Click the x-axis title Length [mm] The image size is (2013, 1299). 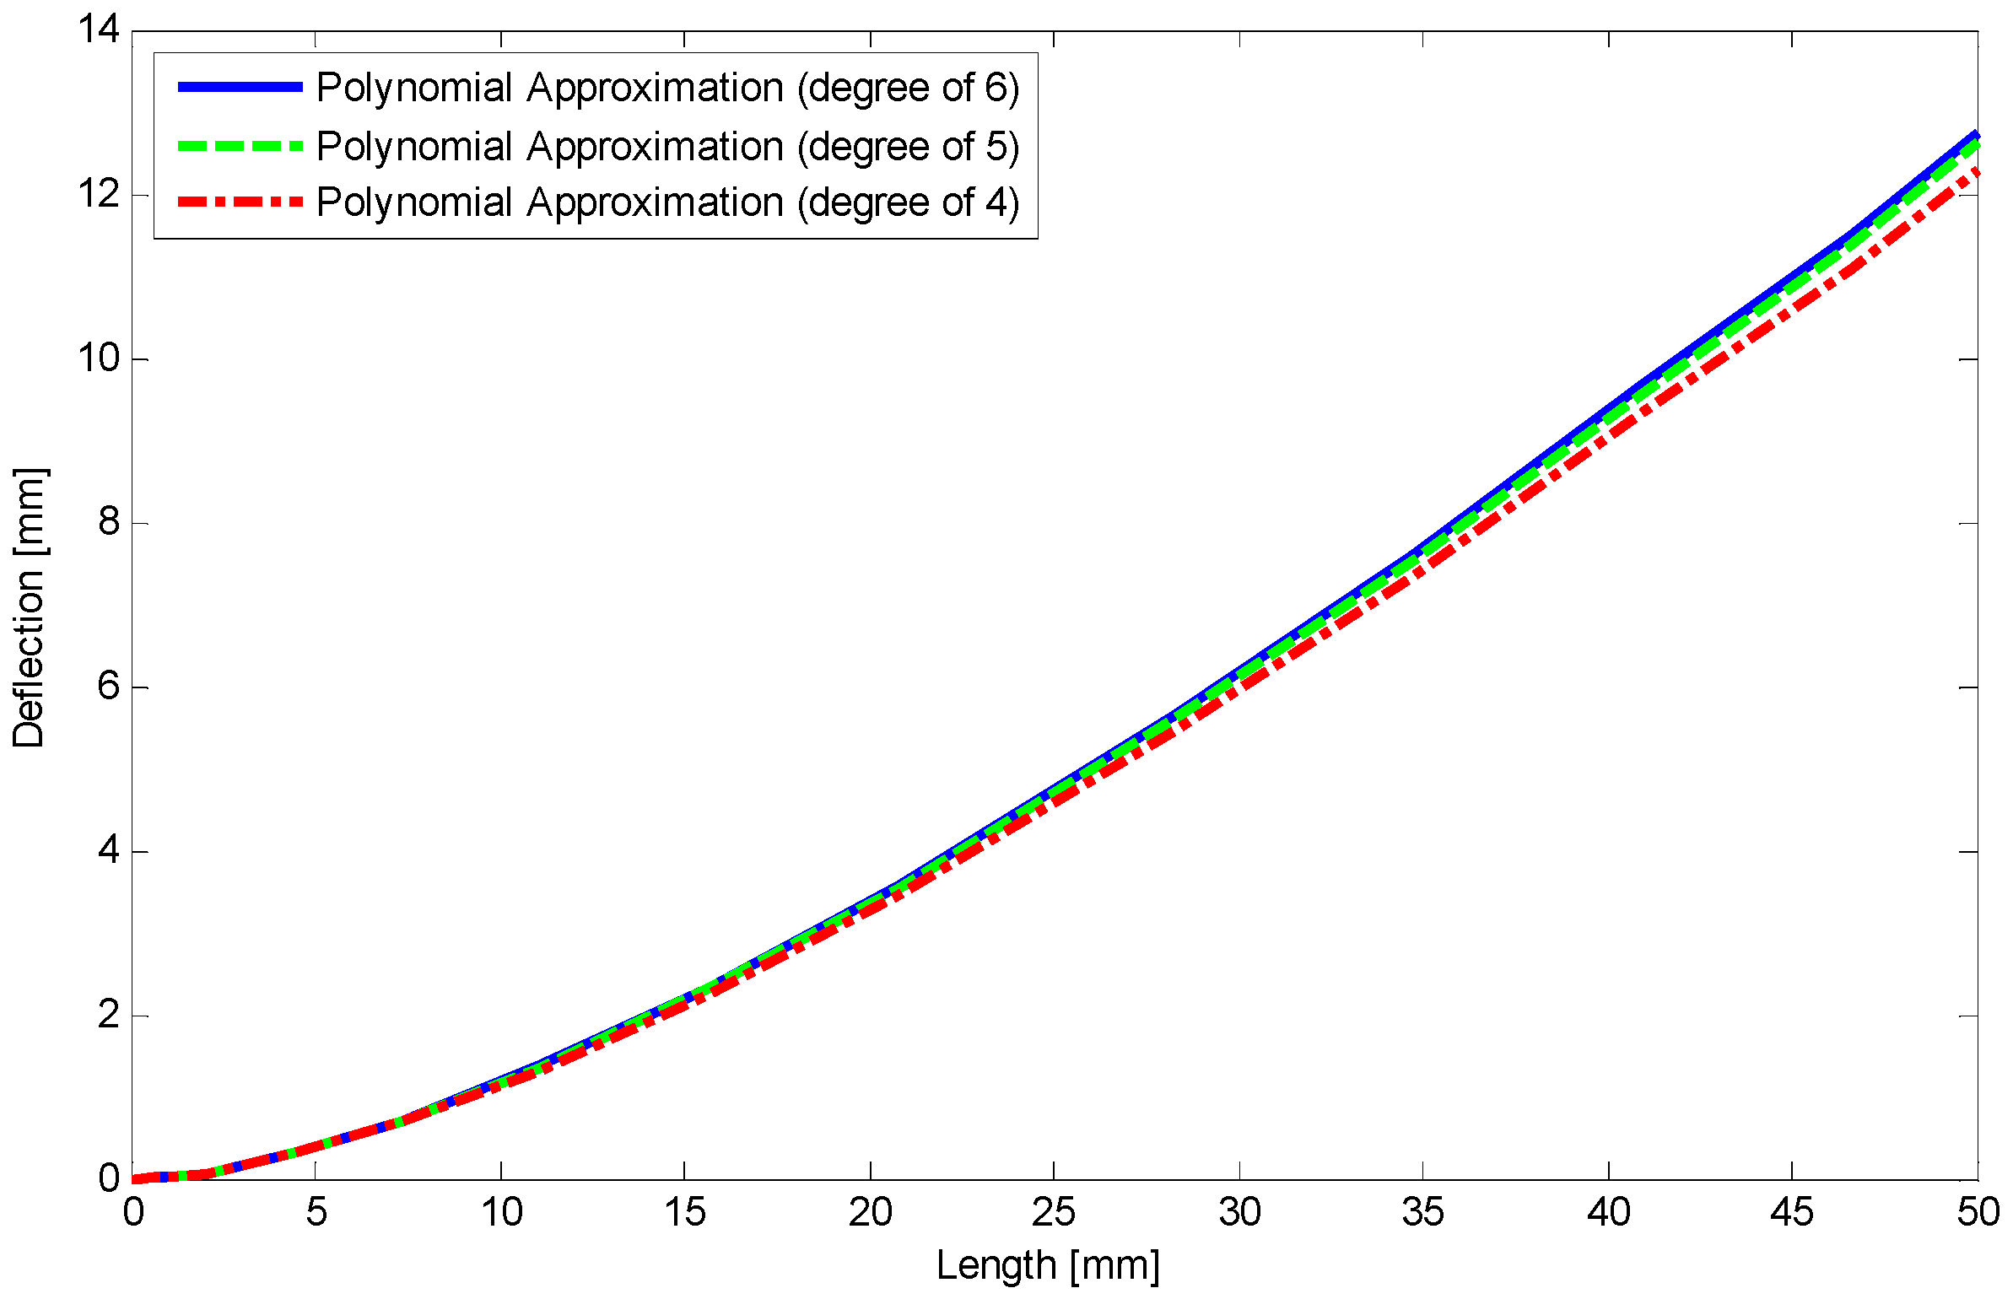click(x=1048, y=1266)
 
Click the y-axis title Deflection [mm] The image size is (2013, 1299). click(x=30, y=607)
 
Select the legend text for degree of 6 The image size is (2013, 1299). click(x=667, y=88)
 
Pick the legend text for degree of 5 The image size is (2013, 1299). click(x=667, y=147)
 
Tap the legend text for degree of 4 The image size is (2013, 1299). click(x=667, y=202)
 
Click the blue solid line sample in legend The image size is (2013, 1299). click(x=240, y=87)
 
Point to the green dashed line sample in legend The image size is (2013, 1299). click(x=240, y=146)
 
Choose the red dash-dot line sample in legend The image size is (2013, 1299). click(x=240, y=202)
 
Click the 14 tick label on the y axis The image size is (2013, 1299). click(x=99, y=30)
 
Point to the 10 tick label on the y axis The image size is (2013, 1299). click(x=99, y=358)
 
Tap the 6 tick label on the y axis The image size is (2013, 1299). click(x=110, y=687)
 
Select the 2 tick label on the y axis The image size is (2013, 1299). click(x=110, y=1015)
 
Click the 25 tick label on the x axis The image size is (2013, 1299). click(x=1054, y=1213)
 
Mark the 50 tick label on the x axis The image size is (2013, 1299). click(x=1978, y=1213)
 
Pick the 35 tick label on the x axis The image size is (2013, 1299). click(x=1423, y=1213)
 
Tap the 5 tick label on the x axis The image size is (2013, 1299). click(x=316, y=1213)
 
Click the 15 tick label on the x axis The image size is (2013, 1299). click(x=684, y=1213)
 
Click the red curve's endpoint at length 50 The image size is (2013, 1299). click(x=1976, y=172)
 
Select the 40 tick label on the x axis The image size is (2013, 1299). click(x=1608, y=1213)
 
